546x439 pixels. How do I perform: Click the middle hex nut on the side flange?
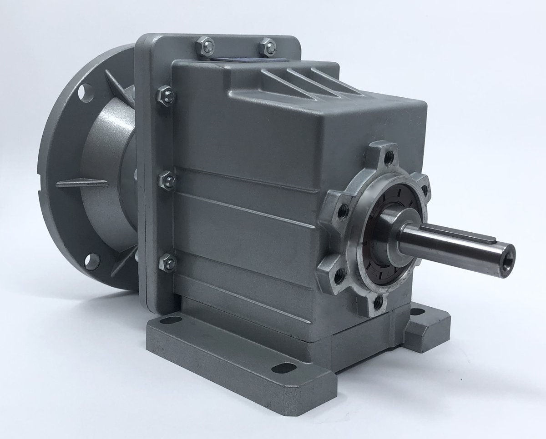[x=167, y=181]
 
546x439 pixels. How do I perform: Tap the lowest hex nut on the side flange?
[x=167, y=262]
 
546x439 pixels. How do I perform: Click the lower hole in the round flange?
[x=92, y=261]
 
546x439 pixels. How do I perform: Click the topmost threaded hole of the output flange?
[x=389, y=158]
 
